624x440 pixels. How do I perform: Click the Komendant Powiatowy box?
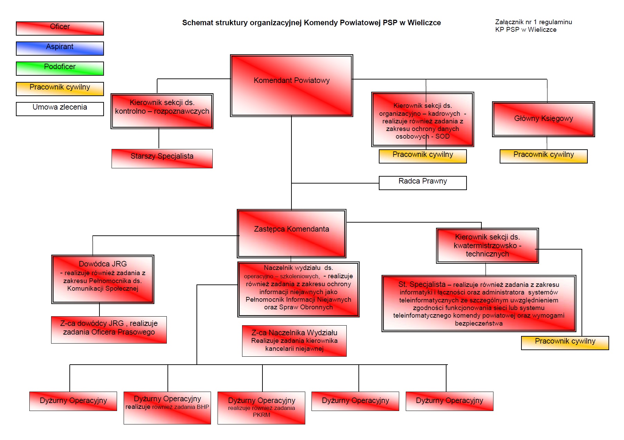point(291,85)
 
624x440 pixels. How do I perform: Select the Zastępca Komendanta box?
point(291,233)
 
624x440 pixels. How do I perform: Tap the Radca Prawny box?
point(423,183)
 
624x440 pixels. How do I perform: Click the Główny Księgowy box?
point(544,119)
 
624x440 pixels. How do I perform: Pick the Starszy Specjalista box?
point(162,159)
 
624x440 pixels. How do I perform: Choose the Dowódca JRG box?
point(103,279)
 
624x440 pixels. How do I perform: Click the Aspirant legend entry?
point(60,48)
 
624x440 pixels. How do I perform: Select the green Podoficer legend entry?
point(60,68)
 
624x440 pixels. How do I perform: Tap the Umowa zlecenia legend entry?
point(60,109)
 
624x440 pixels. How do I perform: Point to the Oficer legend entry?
point(60,28)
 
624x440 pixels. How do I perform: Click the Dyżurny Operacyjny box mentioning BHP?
point(167,408)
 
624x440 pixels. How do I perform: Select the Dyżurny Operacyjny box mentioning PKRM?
point(261,408)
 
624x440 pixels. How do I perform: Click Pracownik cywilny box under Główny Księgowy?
point(544,156)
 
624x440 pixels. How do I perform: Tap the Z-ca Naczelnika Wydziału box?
point(294,341)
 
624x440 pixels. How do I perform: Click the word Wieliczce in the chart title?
point(424,23)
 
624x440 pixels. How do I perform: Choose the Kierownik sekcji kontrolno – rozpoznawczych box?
point(162,111)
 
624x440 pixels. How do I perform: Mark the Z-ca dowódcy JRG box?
point(109,330)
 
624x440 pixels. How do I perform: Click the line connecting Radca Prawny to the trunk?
point(335,183)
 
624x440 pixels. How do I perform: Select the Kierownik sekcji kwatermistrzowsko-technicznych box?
point(487,245)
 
